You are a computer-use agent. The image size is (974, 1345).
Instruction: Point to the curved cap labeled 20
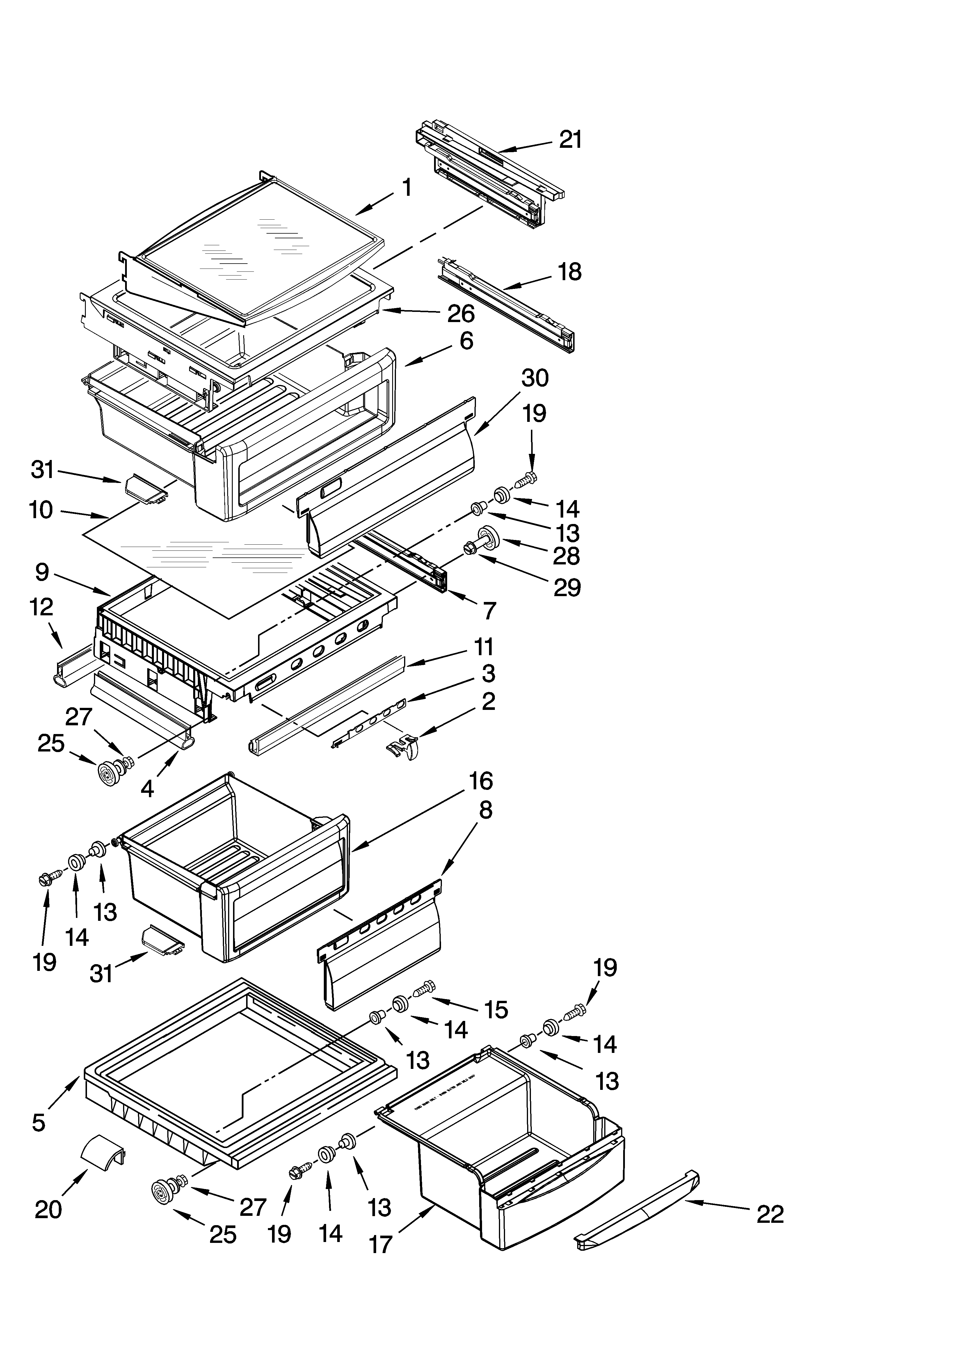[x=103, y=1149]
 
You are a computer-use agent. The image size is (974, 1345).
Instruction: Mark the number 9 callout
[x=42, y=572]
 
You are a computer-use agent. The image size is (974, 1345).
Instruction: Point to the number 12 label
[x=42, y=607]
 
